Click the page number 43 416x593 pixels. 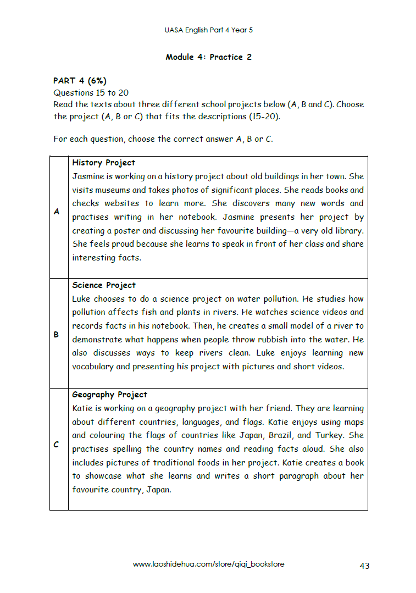364,565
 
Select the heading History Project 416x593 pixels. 103,163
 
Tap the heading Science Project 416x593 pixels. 103,285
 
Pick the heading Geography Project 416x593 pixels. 109,395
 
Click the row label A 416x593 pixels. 57,212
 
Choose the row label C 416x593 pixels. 57,445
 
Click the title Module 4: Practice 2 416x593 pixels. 208,57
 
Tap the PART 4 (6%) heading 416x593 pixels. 80,81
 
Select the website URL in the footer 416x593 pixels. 208,564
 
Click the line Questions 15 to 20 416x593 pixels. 91,93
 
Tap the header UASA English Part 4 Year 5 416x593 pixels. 208,30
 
